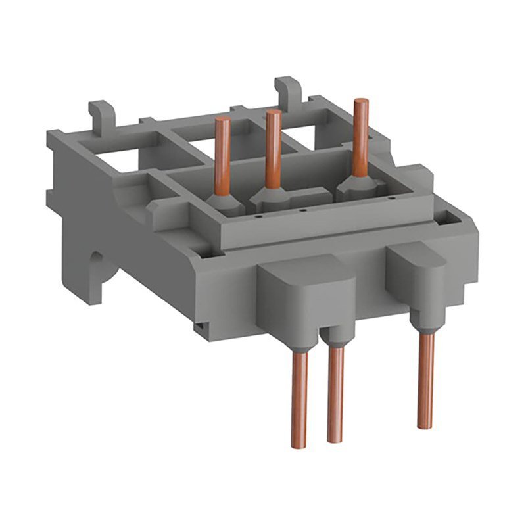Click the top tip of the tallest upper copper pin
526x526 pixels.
coord(359,103)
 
